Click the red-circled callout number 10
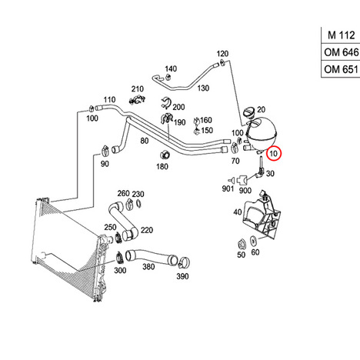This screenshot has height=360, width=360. coord(274,154)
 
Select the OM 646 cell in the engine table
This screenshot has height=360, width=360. coord(341,52)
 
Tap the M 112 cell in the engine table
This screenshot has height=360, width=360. coord(341,35)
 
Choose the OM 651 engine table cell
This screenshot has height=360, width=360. coord(341,69)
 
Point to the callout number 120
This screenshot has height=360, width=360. coord(222,54)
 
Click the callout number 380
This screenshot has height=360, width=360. coord(148,267)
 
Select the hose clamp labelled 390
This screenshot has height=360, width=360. coord(184,262)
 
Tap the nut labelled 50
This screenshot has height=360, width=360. coord(242,244)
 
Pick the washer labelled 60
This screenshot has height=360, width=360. coord(253,241)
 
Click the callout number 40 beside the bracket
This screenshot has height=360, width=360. coord(238,212)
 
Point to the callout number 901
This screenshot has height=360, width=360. coord(228,188)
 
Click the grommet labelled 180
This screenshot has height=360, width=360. coord(165,155)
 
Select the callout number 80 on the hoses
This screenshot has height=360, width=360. coord(145,141)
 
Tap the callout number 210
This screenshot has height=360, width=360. coord(138,89)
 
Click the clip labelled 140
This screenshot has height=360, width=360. coord(168,77)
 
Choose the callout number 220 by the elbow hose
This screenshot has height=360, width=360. coord(147,230)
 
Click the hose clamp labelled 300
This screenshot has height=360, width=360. coord(120,258)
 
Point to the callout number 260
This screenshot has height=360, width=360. coord(123,193)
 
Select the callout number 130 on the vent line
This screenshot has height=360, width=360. coord(203,88)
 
